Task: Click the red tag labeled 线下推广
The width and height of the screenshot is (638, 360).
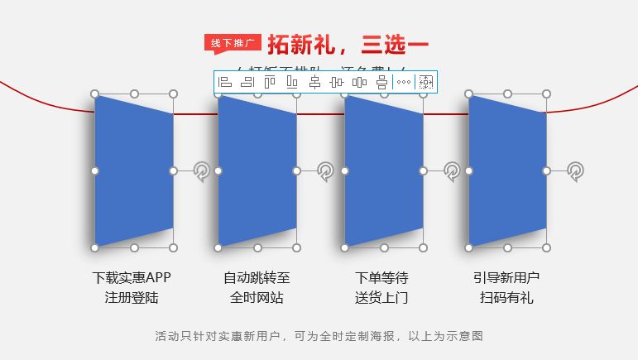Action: point(233,43)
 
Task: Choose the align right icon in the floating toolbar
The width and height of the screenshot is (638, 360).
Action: point(247,82)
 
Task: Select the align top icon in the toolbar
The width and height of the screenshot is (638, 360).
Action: point(270,82)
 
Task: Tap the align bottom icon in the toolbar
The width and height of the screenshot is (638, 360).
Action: point(292,82)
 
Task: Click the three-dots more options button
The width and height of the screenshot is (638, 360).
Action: point(403,82)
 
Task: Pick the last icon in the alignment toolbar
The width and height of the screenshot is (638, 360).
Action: point(426,82)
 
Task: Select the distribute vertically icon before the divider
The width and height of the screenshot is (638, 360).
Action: point(381,82)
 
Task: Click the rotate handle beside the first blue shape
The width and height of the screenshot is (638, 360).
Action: point(202,171)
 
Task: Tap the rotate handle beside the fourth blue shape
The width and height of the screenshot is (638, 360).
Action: point(575,171)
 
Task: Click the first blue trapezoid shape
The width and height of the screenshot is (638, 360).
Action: point(133,170)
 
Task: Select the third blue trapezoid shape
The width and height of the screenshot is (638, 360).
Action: point(383,170)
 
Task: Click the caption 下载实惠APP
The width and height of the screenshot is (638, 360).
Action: point(132,277)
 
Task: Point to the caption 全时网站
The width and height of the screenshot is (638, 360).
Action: point(257,297)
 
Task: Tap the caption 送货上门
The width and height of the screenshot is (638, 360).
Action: point(381,297)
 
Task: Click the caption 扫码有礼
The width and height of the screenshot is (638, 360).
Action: point(506,297)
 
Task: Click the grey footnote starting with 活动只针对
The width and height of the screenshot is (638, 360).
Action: point(319,336)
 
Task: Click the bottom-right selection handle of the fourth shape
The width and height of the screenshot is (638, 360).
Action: point(546,247)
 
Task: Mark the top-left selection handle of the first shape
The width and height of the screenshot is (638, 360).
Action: point(94,94)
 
